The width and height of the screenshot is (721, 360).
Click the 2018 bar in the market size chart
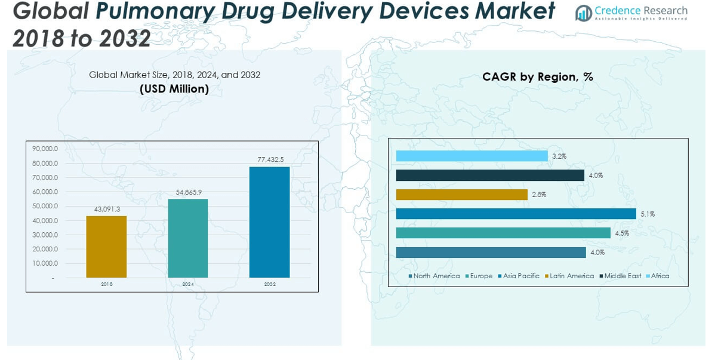(106, 247)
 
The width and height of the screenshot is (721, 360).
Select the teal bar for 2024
(188, 238)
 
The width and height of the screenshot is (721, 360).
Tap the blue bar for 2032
(270, 222)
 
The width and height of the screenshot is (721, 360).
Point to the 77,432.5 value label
(270, 160)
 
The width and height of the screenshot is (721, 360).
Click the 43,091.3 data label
(107, 209)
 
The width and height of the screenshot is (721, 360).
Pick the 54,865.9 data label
(189, 192)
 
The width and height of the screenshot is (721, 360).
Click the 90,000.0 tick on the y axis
(45, 149)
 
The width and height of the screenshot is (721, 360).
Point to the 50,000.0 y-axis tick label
(45, 206)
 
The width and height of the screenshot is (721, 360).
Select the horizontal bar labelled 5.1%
(516, 214)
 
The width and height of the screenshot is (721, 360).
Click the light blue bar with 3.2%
(472, 156)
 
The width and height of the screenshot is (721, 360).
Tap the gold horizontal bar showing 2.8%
(461, 195)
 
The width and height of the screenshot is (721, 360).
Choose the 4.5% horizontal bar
(503, 233)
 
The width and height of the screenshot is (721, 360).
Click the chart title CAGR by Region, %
(538, 76)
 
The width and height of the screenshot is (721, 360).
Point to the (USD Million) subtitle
(174, 89)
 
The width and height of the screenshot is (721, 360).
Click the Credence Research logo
(631, 13)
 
